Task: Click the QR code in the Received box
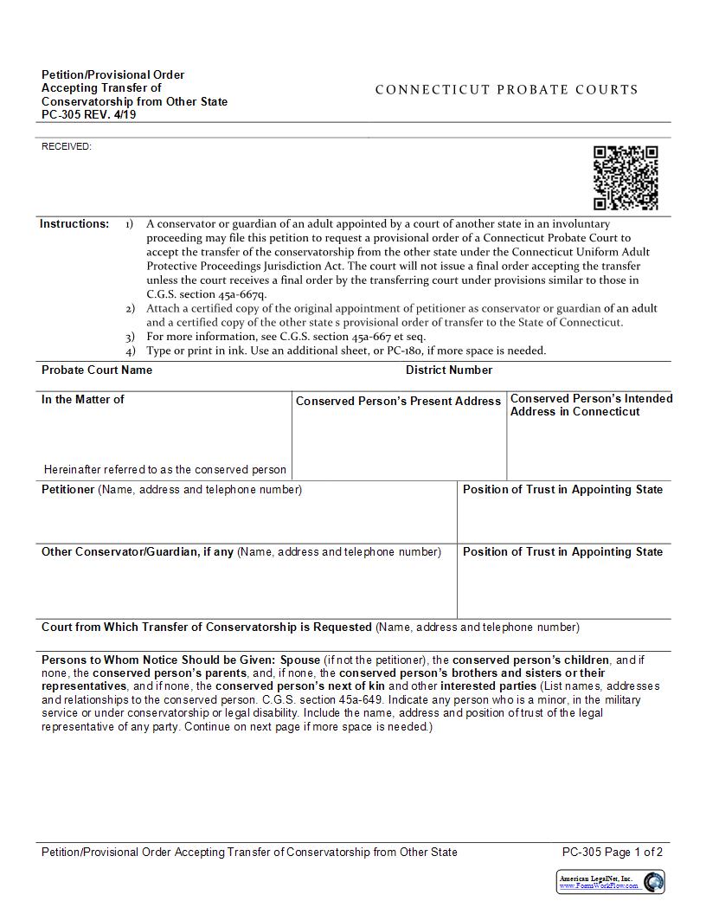click(626, 177)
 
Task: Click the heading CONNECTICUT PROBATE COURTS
click(506, 89)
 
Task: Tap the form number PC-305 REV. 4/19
click(88, 115)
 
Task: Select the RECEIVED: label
click(67, 146)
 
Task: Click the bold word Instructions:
click(74, 223)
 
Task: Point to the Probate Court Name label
click(97, 370)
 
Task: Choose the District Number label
click(449, 370)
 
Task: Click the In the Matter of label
click(83, 399)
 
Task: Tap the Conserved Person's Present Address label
click(398, 401)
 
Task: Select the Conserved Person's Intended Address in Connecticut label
click(591, 405)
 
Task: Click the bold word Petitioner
click(67, 489)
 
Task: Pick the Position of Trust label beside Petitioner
click(562, 489)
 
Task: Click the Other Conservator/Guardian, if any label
click(138, 551)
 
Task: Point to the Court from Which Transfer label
click(207, 627)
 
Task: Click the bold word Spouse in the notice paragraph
click(300, 660)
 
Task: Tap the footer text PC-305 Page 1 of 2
click(612, 852)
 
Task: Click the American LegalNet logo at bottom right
click(611, 881)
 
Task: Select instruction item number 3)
click(130, 337)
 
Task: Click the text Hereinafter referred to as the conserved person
click(165, 469)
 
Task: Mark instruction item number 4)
click(130, 351)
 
